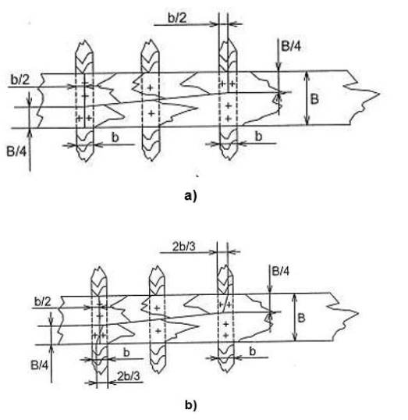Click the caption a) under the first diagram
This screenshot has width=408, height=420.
(190, 196)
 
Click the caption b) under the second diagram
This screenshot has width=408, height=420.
(190, 404)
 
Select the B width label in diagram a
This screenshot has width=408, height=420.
(314, 99)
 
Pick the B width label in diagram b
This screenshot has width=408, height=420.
(301, 319)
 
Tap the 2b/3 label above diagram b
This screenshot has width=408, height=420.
(183, 247)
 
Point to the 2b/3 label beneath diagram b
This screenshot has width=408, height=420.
(129, 376)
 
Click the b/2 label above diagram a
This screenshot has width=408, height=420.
(177, 18)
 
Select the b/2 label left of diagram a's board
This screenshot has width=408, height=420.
(20, 80)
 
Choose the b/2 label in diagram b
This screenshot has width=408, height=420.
(43, 302)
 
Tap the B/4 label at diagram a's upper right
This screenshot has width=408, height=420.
(291, 46)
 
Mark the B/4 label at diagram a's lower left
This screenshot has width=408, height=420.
(16, 151)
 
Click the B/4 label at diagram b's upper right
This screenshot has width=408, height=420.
(281, 271)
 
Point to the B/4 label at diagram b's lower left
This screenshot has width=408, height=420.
(40, 365)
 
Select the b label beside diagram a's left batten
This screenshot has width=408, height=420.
(115, 137)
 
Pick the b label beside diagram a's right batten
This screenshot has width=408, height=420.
(258, 136)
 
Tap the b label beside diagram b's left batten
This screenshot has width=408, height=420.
(126, 353)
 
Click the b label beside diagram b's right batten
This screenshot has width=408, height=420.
(253, 351)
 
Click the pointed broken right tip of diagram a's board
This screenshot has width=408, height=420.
(379, 94)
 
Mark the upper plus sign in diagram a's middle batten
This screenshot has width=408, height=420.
(151, 87)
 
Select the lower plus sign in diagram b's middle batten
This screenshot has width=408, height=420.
(158, 331)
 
